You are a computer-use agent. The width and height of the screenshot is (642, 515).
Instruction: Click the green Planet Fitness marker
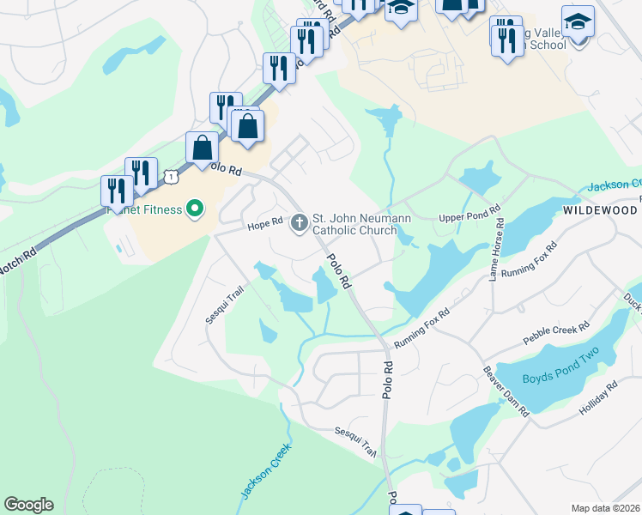tap(195, 209)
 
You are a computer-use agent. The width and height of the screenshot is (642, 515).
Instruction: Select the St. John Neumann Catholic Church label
tap(354, 224)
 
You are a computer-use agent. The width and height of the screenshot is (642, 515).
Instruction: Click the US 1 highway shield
tap(171, 176)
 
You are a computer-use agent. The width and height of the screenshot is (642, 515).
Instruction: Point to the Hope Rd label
tap(265, 221)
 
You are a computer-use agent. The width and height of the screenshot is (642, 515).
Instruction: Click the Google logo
tap(28, 505)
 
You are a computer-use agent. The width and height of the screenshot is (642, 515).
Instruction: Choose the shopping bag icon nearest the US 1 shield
tap(202, 148)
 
